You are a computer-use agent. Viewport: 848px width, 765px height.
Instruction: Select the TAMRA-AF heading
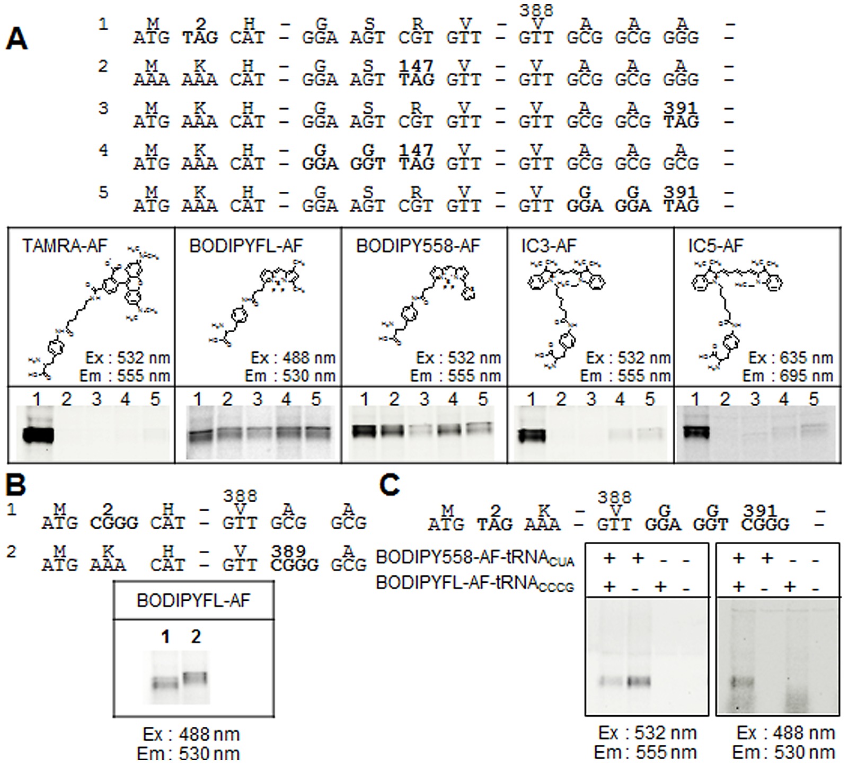[65, 246]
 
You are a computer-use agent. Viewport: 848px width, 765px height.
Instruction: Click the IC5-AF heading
[715, 246]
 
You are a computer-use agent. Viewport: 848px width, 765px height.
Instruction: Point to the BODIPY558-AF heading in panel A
[418, 246]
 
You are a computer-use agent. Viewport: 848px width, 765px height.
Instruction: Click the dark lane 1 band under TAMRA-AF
[38, 435]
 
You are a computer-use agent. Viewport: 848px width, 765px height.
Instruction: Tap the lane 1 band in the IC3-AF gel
[532, 435]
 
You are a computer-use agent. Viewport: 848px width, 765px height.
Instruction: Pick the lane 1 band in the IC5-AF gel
[695, 432]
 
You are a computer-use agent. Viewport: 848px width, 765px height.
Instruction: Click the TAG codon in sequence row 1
[200, 38]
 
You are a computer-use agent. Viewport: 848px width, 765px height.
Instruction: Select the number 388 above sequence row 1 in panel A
[536, 11]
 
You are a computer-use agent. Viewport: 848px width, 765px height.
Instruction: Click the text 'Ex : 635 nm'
[790, 358]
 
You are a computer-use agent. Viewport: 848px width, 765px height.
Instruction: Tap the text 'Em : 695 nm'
[789, 376]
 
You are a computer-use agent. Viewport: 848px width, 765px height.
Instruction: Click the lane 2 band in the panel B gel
[196, 677]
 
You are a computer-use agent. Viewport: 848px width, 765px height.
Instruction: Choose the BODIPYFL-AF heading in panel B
[193, 600]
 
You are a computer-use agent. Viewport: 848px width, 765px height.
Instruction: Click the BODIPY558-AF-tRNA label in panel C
[475, 557]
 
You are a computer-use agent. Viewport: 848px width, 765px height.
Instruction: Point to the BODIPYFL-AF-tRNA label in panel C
[475, 583]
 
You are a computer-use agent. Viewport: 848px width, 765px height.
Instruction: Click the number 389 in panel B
[288, 551]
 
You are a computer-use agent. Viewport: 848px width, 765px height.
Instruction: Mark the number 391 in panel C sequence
[759, 511]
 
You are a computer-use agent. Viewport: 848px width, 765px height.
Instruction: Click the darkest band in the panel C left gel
[638, 681]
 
